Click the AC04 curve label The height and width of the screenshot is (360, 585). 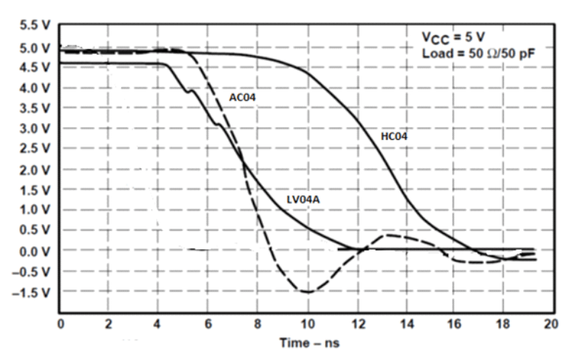(x=242, y=97)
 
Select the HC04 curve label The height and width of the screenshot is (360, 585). (x=394, y=136)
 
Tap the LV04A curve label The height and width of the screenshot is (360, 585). (x=302, y=200)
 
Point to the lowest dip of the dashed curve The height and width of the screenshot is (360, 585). (x=306, y=292)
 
